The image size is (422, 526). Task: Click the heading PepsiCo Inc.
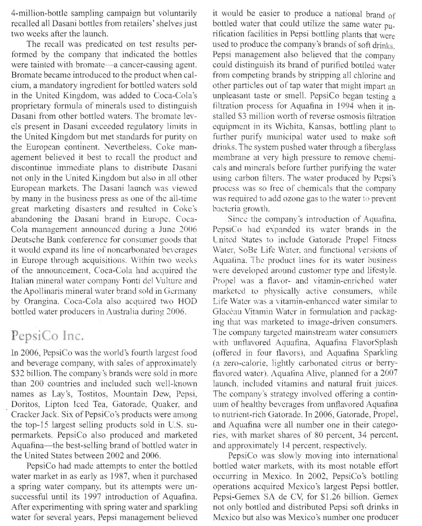pyautogui.click(x=48, y=336)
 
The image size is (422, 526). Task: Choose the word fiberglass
pyautogui.click(x=379, y=148)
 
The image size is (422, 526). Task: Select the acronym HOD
pyautogui.click(x=186, y=301)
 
